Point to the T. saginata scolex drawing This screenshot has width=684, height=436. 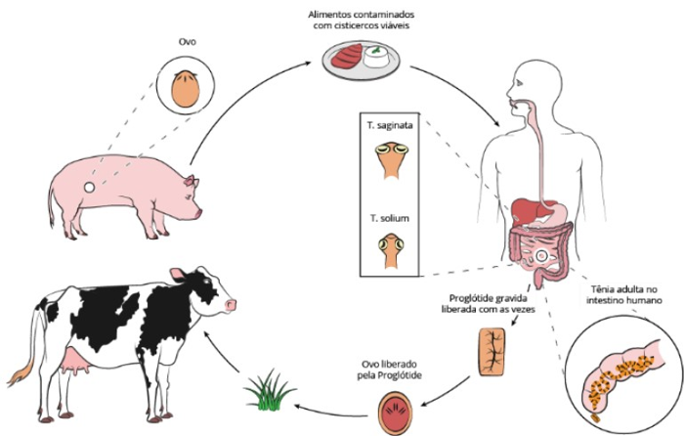[395, 158]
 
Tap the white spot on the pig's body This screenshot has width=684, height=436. [90, 188]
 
